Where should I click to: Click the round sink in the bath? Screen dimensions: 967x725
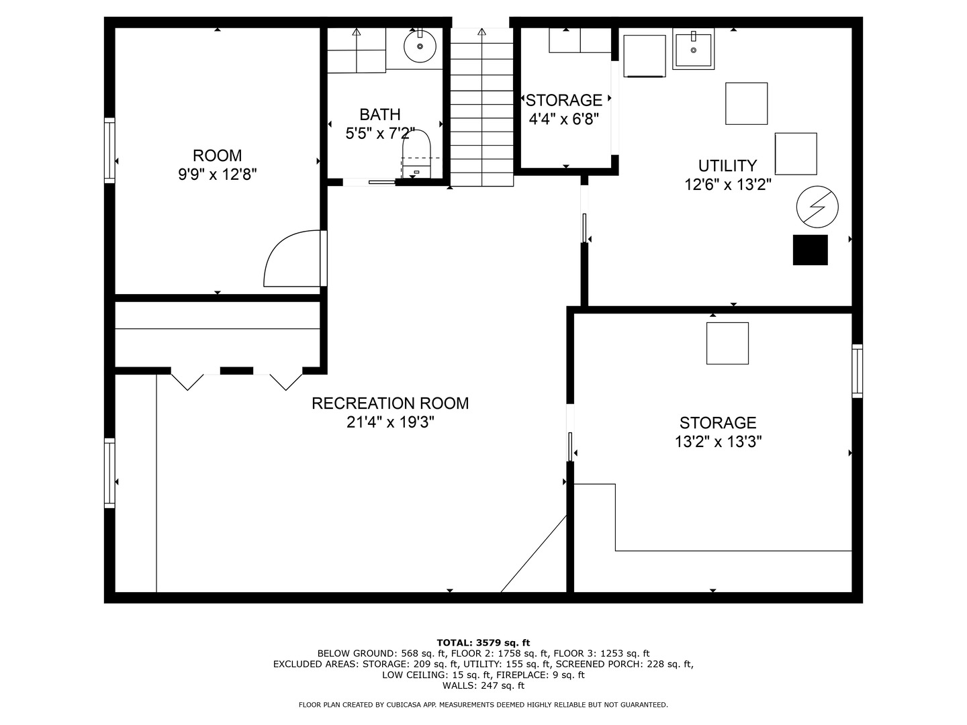click(x=420, y=46)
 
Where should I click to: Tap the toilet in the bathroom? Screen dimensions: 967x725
click(x=416, y=154)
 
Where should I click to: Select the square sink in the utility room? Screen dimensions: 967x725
click(x=694, y=49)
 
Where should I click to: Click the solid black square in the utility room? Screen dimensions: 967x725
click(x=810, y=250)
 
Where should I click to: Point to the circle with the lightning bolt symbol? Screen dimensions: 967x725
click(x=817, y=207)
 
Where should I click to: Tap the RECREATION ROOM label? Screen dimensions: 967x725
click(x=390, y=403)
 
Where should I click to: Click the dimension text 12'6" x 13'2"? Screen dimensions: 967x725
click(x=728, y=185)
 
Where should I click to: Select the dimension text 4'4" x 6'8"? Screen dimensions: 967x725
click(x=564, y=119)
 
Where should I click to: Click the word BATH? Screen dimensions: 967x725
click(x=380, y=114)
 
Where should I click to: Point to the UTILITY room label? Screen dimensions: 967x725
click(x=728, y=166)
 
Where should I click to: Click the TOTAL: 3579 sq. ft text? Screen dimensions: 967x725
click(x=483, y=642)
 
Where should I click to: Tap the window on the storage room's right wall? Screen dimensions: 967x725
click(x=857, y=371)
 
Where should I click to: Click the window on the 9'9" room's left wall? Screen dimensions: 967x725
click(x=109, y=150)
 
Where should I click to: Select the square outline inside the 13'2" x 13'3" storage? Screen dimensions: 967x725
click(x=727, y=343)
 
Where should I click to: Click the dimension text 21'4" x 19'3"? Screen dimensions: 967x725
click(x=390, y=423)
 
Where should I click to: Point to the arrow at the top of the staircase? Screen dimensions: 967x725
click(x=482, y=32)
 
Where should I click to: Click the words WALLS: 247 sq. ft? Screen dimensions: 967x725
click(x=483, y=685)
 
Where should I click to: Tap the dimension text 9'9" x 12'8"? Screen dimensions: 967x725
click(x=217, y=175)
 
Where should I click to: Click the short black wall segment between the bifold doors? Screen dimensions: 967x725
click(x=236, y=371)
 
